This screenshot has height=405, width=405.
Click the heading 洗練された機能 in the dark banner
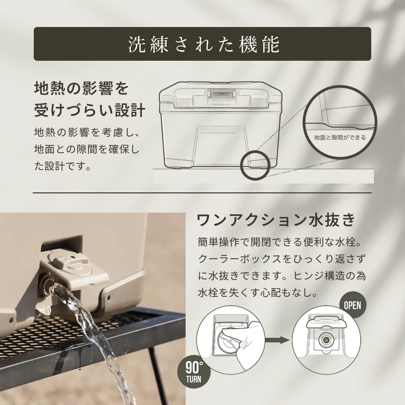204,44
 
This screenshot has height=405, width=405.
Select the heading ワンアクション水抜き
276,220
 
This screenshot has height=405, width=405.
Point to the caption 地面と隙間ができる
340,138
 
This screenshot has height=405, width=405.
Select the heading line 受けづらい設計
90,110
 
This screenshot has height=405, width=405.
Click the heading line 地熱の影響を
81,88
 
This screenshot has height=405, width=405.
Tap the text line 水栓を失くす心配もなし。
258,293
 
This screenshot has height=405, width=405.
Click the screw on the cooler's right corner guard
108,297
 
